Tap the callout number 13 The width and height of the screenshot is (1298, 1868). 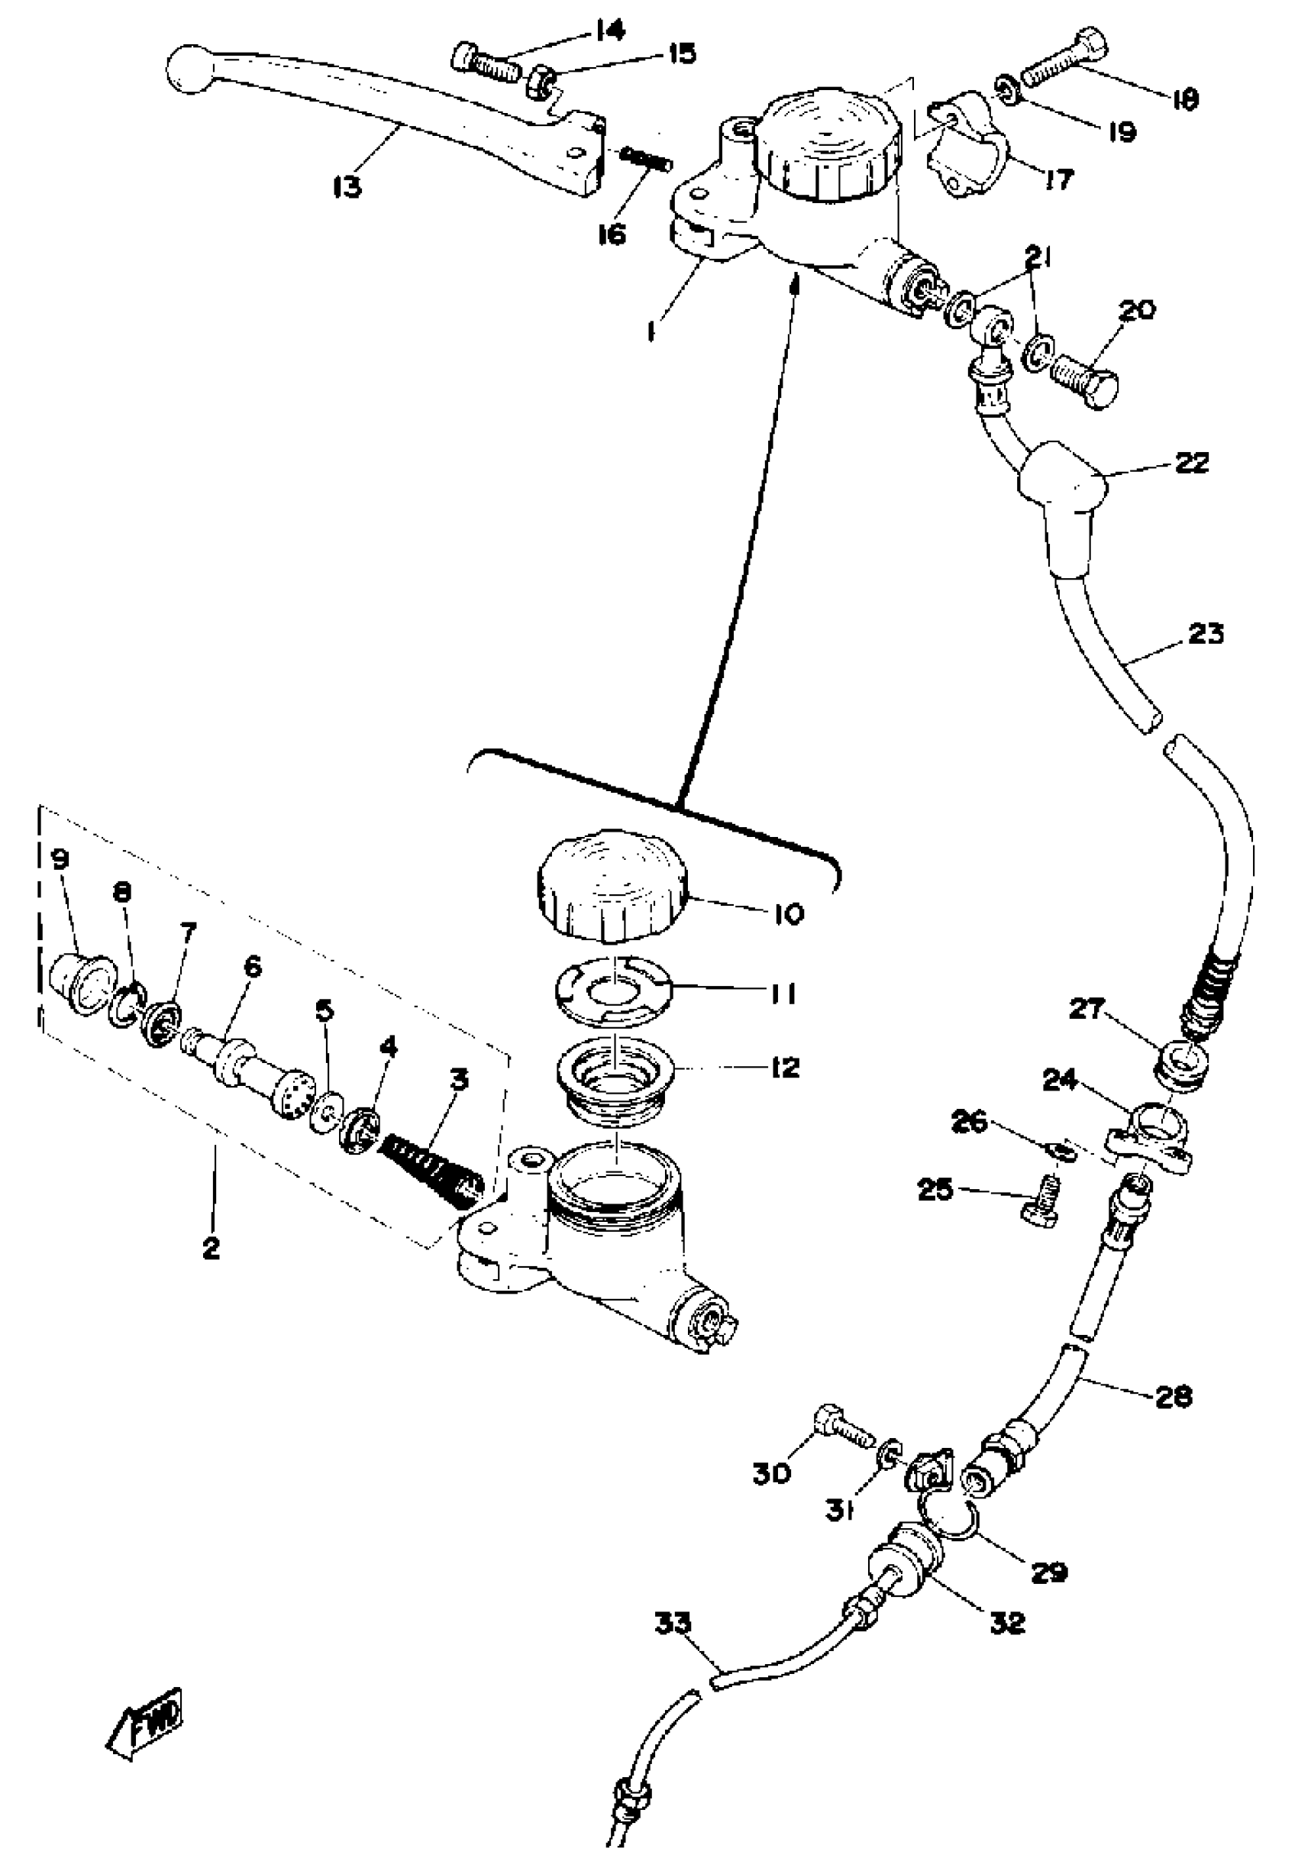click(x=347, y=187)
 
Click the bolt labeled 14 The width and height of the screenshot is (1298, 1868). click(x=485, y=59)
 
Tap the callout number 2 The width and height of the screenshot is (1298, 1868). click(x=211, y=1248)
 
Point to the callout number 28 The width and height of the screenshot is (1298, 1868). click(x=1172, y=1395)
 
